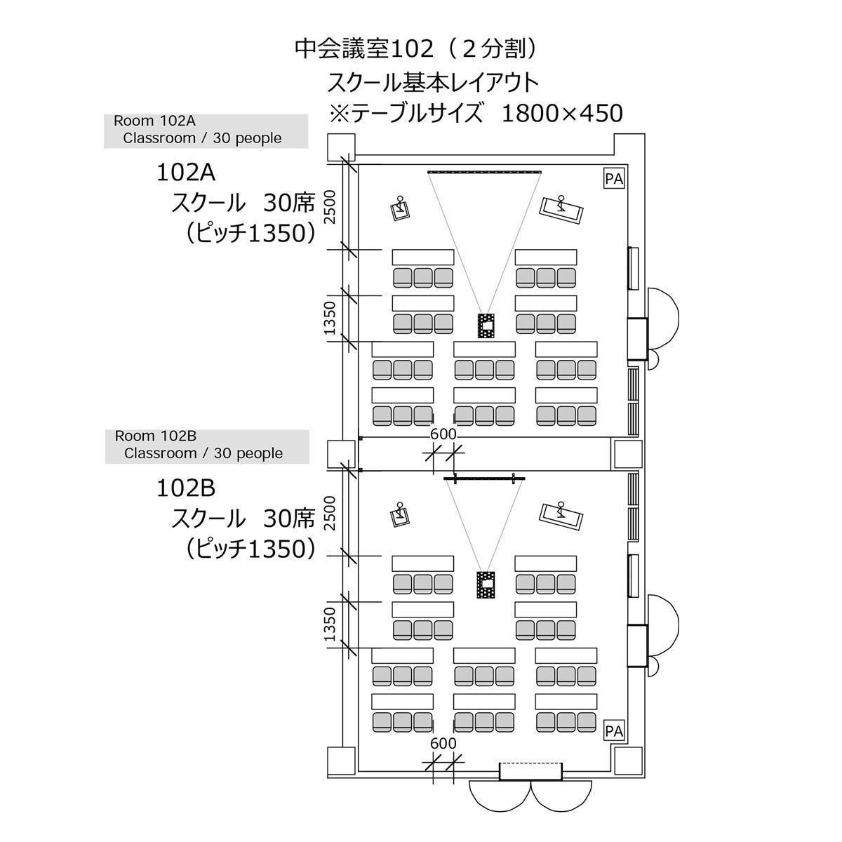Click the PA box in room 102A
click(x=614, y=179)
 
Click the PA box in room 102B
click(x=614, y=731)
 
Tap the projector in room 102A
click(x=486, y=326)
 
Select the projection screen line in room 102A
click(x=484, y=172)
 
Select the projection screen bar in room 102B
click(x=484, y=479)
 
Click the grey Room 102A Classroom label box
click(x=206, y=131)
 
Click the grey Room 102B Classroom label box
click(x=207, y=446)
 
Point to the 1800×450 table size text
click(x=562, y=114)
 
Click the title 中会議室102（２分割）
click(x=415, y=49)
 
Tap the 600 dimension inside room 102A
click(x=443, y=434)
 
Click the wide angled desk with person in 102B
click(x=561, y=517)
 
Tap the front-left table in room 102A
click(x=422, y=257)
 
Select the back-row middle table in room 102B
click(x=484, y=701)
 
